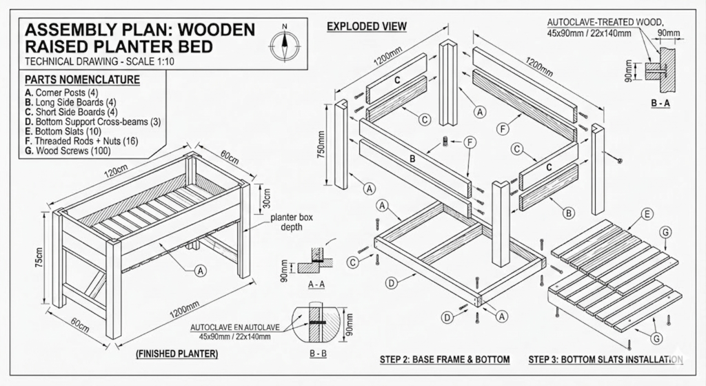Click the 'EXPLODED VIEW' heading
point(366,27)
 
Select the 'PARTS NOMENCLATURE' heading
point(82,80)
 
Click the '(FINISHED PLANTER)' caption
point(176,354)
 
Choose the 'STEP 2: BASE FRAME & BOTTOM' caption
point(445,360)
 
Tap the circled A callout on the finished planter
point(200,271)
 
